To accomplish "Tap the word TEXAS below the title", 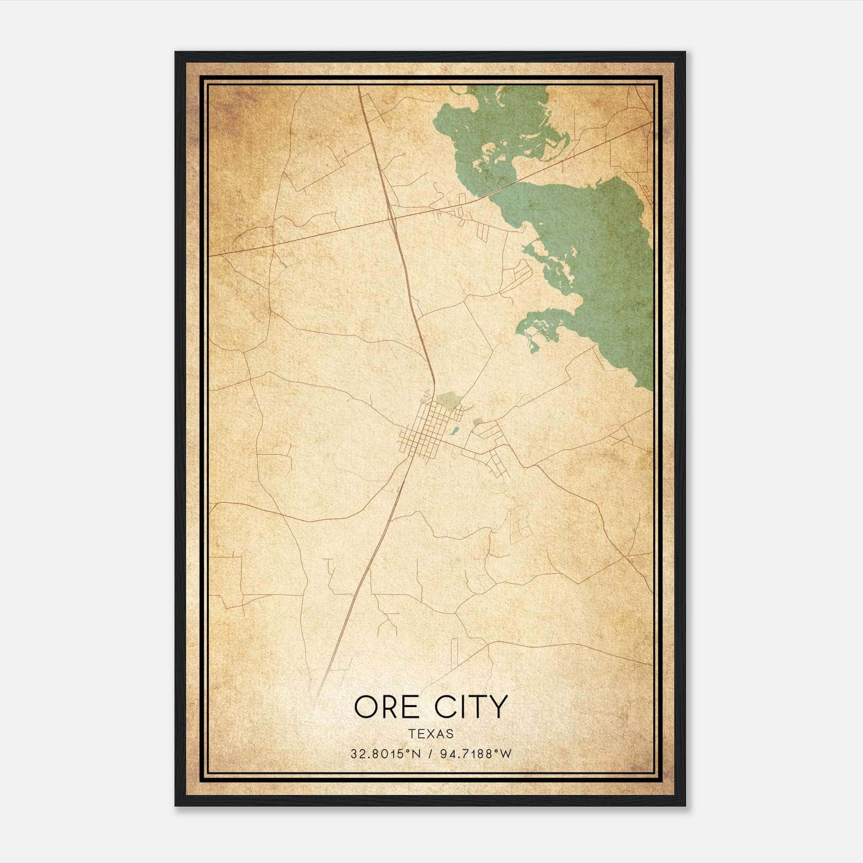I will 431,734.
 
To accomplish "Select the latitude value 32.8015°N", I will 385,754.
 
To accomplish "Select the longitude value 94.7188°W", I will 475,754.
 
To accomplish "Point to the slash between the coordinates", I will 430,754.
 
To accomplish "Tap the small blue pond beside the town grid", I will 455,431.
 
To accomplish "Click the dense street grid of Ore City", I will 429,432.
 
